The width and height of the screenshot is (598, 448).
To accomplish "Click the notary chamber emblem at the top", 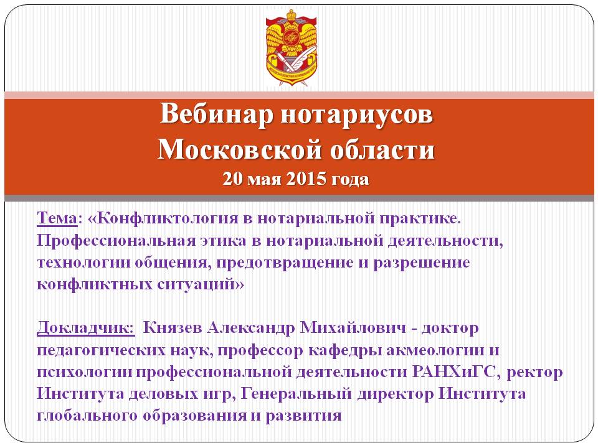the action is [x=292, y=47].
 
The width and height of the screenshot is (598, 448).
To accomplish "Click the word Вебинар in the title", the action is [x=216, y=113].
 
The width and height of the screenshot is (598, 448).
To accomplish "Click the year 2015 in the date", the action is [x=306, y=179].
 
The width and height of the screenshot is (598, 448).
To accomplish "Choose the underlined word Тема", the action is [x=57, y=218].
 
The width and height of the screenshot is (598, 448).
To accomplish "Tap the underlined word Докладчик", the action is [x=86, y=329].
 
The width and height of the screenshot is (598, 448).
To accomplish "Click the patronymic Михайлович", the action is [x=353, y=328].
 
